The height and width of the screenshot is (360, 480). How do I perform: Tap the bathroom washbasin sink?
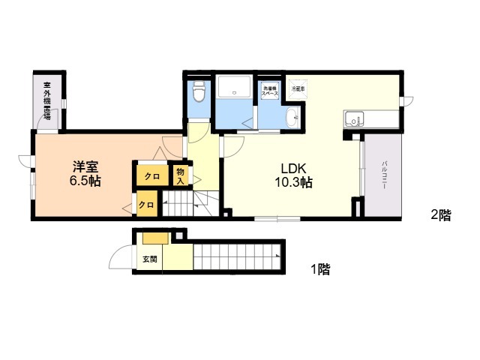click(292, 117)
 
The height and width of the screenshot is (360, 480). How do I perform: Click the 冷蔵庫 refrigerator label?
click(297, 88)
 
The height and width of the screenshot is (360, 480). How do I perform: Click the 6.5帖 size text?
click(85, 181)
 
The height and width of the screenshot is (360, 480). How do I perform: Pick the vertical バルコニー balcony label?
click(383, 174)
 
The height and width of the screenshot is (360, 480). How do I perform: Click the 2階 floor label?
click(441, 214)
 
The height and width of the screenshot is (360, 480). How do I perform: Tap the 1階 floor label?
click(320, 268)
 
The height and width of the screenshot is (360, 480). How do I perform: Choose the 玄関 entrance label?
click(149, 259)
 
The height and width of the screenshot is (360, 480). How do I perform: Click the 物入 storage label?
click(180, 175)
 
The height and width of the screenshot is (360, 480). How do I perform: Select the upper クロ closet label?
click(151, 176)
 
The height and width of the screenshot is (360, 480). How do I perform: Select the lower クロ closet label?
click(147, 204)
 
